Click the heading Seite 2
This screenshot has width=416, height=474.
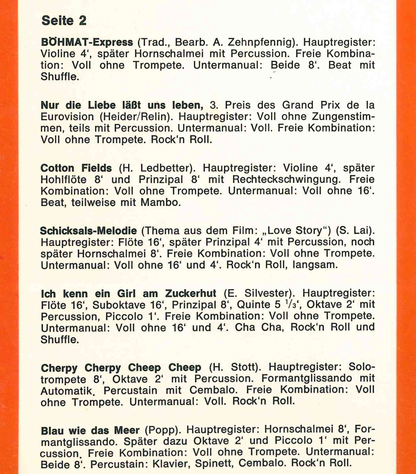point(64,21)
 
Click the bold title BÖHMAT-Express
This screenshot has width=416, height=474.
point(87,42)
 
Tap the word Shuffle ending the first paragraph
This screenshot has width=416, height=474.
point(60,77)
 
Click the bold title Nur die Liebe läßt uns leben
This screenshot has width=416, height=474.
point(122,105)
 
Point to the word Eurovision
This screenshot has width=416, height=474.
point(67,116)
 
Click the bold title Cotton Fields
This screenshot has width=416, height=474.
point(76,168)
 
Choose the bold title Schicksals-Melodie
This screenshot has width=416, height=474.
point(88,231)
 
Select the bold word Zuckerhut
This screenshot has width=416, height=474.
point(191,293)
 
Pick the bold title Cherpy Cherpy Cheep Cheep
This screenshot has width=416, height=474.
point(121,368)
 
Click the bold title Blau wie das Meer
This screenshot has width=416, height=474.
point(90,430)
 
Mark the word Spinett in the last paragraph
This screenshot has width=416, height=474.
point(213,463)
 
